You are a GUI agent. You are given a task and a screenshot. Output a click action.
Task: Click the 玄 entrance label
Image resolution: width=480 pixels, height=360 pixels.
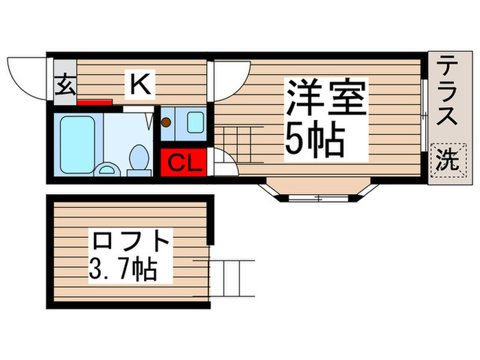(65, 86)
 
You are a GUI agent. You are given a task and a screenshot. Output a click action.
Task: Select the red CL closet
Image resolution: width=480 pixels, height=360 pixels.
(184, 163)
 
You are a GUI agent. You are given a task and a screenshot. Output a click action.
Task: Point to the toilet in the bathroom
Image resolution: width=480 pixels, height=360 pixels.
(139, 158)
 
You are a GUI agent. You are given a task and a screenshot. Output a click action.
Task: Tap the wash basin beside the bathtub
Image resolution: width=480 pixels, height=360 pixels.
(106, 169)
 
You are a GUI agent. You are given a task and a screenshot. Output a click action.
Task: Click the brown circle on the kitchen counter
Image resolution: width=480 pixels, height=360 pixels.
(165, 123)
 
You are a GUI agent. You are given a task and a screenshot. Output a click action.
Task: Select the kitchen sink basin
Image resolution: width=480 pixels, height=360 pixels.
(195, 122)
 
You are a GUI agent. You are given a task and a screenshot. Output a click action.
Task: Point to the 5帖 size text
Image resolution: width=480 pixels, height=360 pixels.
(315, 141)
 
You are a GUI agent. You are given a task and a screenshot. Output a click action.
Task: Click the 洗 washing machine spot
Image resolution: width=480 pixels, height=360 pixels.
(446, 160)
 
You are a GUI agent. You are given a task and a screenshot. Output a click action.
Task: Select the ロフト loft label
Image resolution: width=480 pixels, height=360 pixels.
(130, 242)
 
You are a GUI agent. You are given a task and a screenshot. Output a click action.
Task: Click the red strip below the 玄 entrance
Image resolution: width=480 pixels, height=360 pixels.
(95, 103)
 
